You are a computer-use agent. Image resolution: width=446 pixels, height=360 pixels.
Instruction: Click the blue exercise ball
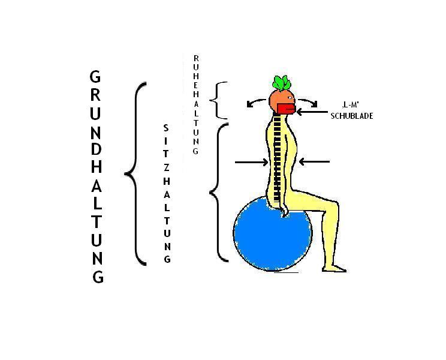coord(273,233)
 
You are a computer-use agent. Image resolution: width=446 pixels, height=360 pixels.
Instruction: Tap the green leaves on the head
coord(282,83)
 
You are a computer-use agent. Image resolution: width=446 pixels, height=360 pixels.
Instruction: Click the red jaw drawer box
coord(287,109)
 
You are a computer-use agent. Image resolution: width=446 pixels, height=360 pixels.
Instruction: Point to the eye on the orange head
coord(290,98)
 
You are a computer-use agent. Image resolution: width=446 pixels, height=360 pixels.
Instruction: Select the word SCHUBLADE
coord(352,116)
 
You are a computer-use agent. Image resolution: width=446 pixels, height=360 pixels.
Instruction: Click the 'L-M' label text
coord(350,105)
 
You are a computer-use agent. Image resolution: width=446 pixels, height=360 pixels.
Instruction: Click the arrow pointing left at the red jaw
coord(312,112)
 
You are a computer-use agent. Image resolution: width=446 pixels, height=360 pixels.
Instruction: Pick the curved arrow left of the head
coord(256,102)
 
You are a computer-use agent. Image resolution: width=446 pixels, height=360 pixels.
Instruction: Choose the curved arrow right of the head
coord(308,102)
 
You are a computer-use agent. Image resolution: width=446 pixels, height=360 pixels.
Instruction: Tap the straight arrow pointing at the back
coord(251,162)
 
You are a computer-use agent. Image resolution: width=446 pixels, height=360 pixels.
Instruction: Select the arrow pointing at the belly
coord(314,161)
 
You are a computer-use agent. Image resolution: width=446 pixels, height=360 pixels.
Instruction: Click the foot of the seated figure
coord(334,269)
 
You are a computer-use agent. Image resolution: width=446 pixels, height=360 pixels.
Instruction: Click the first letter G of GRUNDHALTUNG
coord(95,77)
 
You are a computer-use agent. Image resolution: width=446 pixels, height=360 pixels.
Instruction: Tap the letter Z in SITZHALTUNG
coord(167,167)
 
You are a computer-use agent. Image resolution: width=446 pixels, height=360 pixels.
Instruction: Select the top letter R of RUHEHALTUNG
coord(196,58)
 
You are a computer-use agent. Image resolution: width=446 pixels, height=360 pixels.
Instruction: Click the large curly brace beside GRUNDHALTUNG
coord(135,173)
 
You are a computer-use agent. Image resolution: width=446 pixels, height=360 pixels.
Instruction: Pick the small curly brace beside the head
coord(217,100)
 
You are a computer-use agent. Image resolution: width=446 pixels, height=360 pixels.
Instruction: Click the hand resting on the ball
coord(284,212)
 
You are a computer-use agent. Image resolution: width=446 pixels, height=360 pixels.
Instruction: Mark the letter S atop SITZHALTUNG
coord(166,128)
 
